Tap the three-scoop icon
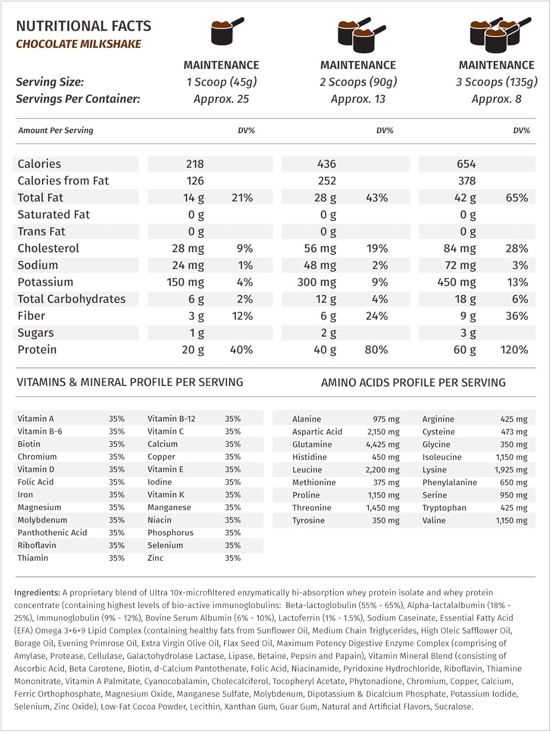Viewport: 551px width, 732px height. click(498, 34)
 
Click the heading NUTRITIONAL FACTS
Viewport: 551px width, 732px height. click(83, 26)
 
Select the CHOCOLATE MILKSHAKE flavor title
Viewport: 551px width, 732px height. click(79, 44)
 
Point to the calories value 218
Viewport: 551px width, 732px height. click(195, 164)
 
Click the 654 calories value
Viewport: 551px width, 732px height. click(466, 164)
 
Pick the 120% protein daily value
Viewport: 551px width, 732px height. click(514, 350)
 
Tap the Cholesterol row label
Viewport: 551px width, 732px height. click(48, 248)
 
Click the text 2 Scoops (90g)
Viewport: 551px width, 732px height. click(358, 82)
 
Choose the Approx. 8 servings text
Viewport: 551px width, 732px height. click(496, 99)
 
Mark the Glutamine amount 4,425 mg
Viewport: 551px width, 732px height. click(383, 445)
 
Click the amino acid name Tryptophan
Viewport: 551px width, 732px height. click(444, 508)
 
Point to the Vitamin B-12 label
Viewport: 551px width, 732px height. click(171, 419)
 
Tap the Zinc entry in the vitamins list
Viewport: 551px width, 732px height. click(155, 558)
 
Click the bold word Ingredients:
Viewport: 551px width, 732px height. click(37, 592)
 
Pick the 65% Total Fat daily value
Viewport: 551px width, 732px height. click(517, 198)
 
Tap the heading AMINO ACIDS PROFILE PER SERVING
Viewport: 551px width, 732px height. click(413, 383)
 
